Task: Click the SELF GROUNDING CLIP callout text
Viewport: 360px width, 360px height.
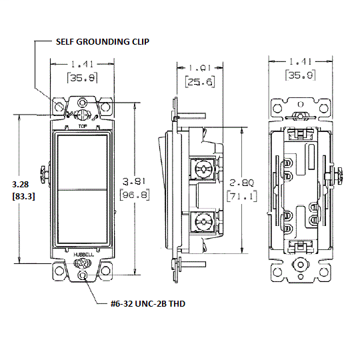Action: pos(102,41)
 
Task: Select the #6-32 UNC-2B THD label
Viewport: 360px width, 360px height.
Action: pos(147,303)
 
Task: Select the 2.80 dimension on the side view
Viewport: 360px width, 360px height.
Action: pos(239,182)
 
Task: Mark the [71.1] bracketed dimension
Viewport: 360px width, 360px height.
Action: pos(239,196)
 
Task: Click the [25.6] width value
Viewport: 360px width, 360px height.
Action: pos(197,82)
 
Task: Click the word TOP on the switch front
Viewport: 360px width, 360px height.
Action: pos(81,125)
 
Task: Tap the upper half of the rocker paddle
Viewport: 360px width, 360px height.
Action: pos(81,159)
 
